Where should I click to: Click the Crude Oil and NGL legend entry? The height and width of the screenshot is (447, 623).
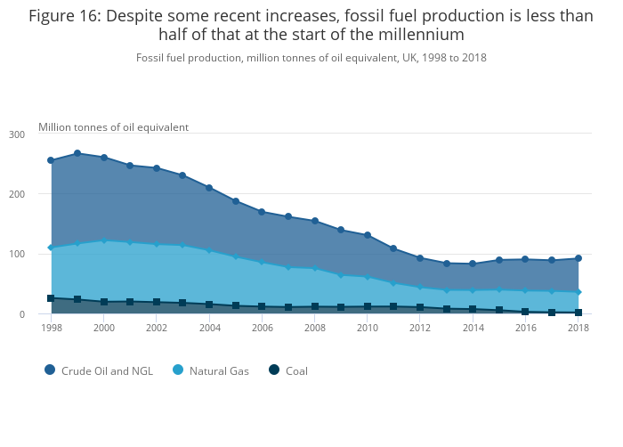pos(106,370)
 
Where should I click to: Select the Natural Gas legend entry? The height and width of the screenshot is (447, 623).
pos(218,370)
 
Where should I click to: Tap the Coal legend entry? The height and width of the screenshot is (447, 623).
pos(295,370)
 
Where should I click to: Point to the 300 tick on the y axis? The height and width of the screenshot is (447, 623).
pos(42,134)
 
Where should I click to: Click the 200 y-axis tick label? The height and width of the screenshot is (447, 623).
pos(42,194)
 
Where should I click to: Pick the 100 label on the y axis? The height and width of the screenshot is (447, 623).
pos(42,255)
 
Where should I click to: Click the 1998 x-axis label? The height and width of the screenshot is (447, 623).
pos(52,328)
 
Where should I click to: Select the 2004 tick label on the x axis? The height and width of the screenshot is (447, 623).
pos(209,328)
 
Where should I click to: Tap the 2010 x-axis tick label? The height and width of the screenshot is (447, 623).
pos(368,328)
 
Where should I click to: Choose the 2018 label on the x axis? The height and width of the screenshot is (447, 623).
pos(578,328)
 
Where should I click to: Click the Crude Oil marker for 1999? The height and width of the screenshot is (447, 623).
pos(77,153)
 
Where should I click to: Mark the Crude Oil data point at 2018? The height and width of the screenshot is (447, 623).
pos(578,259)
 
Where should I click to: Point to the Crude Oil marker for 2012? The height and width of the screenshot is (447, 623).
pos(420,258)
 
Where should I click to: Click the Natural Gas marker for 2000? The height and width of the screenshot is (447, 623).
pos(104,240)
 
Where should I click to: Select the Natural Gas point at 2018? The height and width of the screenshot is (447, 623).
pos(578,292)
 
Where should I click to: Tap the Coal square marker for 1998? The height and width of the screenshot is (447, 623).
pos(51,298)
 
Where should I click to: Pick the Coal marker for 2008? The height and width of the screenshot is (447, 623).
pos(315,306)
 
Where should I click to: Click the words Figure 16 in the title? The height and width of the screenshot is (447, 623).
pos(64,15)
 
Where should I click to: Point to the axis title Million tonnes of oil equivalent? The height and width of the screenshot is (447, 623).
pos(113,127)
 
